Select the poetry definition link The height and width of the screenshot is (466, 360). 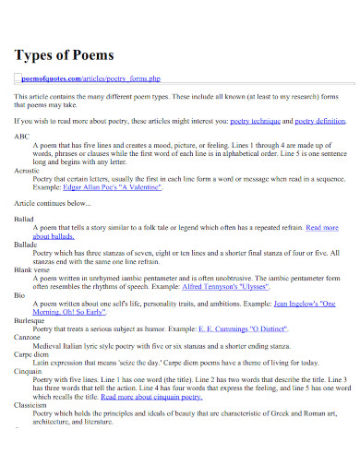click(318, 120)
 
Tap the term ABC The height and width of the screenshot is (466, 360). click(21, 136)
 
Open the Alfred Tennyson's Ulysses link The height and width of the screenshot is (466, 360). click(229, 285)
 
